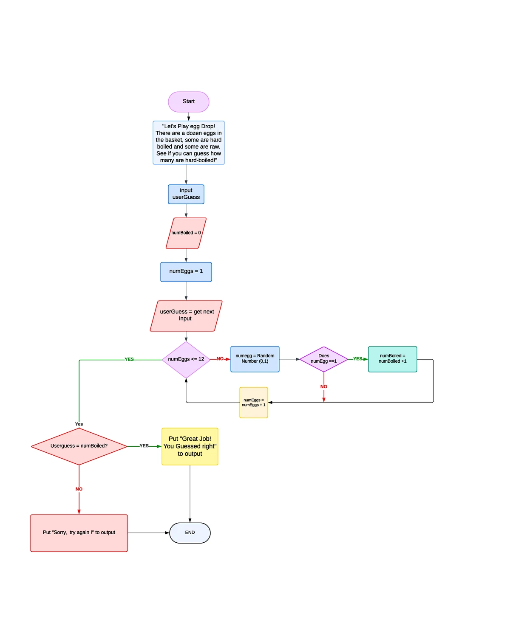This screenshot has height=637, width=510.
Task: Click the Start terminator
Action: (x=188, y=102)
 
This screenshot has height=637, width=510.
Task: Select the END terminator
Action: (x=190, y=533)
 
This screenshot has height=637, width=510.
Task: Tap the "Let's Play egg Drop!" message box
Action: (x=188, y=143)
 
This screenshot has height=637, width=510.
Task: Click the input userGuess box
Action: (x=186, y=194)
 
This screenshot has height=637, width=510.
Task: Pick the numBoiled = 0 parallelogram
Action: (x=186, y=233)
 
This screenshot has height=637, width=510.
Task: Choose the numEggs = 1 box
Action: (x=186, y=272)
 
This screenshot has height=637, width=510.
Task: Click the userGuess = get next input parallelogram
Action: (x=186, y=316)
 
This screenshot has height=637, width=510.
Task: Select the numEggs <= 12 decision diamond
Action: (x=186, y=360)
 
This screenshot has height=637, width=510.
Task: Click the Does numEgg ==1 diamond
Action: (x=323, y=359)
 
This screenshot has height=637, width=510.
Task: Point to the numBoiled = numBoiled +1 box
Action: (x=392, y=359)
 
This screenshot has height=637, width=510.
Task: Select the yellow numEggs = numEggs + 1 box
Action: (x=253, y=403)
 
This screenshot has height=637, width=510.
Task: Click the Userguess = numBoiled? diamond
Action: (x=79, y=446)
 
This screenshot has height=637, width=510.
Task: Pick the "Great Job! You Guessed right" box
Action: (x=190, y=446)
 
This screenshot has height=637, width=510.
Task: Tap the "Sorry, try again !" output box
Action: (x=79, y=533)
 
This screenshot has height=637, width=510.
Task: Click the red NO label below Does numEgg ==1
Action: (x=323, y=386)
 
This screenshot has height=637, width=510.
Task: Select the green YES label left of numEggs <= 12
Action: (x=129, y=359)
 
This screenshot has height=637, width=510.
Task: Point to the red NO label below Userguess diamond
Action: (x=79, y=489)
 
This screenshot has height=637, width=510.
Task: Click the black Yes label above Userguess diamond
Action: (x=79, y=424)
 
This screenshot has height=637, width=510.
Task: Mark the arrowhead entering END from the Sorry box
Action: (x=167, y=533)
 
